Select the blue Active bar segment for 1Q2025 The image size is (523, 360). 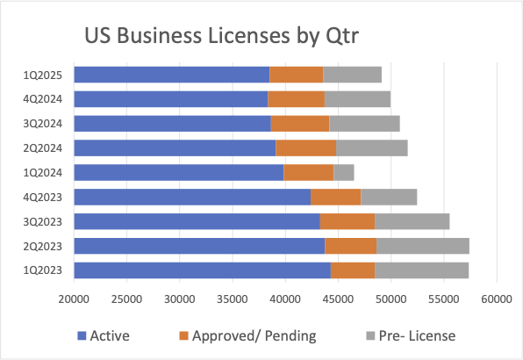click(x=171, y=75)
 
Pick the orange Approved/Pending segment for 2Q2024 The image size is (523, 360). click(x=306, y=148)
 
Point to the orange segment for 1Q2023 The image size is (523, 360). click(x=353, y=270)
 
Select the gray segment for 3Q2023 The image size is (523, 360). click(x=412, y=221)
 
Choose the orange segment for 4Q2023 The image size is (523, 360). click(x=335, y=197)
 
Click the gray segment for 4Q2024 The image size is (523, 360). click(x=357, y=99)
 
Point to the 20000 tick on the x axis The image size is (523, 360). click(x=74, y=299)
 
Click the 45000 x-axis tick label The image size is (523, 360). click(x=338, y=299)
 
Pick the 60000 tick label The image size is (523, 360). click(x=497, y=299)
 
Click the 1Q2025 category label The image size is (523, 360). click(x=41, y=75)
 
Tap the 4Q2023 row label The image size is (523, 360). click(x=41, y=197)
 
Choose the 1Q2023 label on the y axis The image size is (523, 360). click(x=41, y=270)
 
